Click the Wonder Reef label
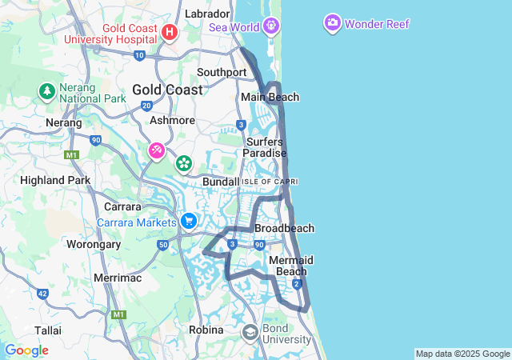click(377, 24)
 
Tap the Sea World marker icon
click(272, 26)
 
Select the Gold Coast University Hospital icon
click(169, 32)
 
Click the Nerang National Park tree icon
click(46, 91)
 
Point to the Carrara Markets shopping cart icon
click(188, 221)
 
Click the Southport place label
click(222, 72)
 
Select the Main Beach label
click(270, 98)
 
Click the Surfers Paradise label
click(265, 147)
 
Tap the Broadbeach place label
click(284, 228)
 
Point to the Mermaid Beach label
click(291, 266)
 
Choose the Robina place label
click(206, 330)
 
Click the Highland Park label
click(55, 180)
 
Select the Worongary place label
click(93, 243)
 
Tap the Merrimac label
click(118, 277)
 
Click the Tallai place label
click(48, 330)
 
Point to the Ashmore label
click(172, 120)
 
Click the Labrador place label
click(207, 14)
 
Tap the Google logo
click(26, 350)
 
